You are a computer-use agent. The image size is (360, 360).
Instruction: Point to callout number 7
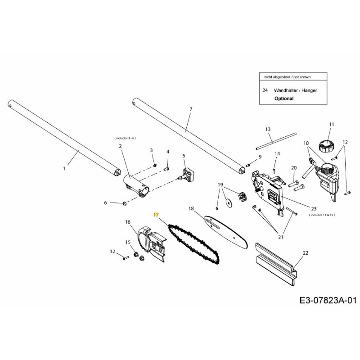pos(191,109)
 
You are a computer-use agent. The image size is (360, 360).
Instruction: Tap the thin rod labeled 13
pos(275,141)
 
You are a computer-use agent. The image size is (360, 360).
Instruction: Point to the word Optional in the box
pos(283,98)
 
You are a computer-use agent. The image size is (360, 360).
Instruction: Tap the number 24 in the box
pos(265,90)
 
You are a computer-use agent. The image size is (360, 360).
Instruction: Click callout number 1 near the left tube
pos(64,168)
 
